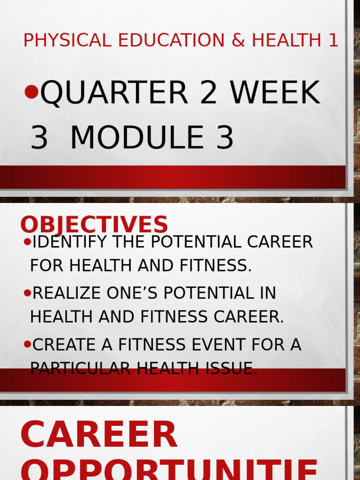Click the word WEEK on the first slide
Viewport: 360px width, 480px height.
tap(275, 93)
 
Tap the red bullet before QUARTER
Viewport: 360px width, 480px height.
tap(31, 92)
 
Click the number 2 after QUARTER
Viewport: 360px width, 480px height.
tap(209, 93)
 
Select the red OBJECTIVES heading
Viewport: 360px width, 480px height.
tap(94, 225)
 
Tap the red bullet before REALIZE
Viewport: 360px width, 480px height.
tap(27, 293)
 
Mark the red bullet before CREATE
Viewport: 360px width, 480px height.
tap(27, 345)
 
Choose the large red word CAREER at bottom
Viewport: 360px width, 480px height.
tap(99, 435)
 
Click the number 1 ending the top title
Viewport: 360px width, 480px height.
tap(333, 41)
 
